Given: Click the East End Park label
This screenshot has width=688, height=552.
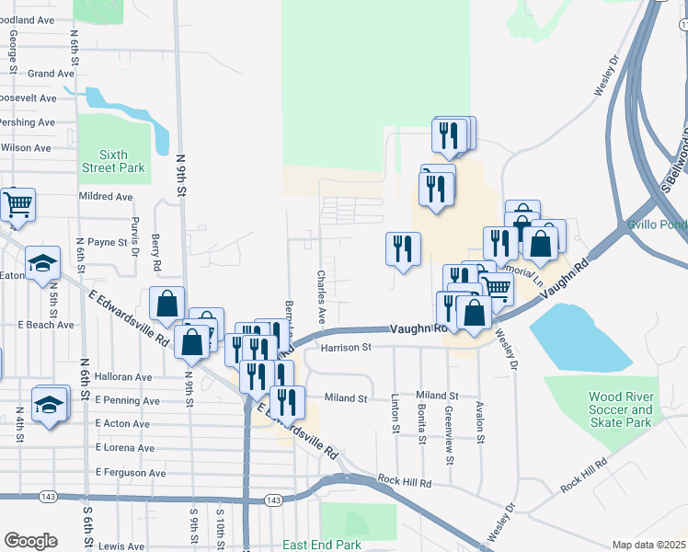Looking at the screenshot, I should point(322,545).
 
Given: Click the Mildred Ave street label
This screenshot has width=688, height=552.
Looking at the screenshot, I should point(106,196).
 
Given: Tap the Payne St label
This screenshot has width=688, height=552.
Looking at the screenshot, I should point(107,242).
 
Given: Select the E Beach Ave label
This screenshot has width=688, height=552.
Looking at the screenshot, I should point(46,325).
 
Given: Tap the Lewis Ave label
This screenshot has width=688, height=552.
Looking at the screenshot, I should point(121,546).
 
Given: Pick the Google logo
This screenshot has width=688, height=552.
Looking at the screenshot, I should point(30,540).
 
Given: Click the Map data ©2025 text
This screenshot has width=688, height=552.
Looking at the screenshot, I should point(648,545).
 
